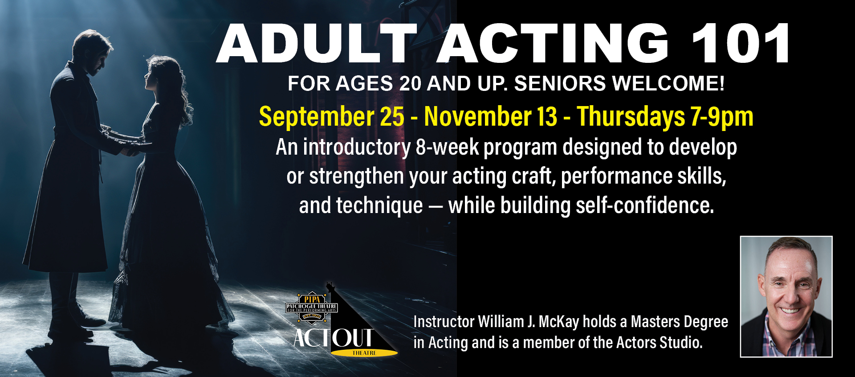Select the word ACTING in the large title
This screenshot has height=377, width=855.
[x=553, y=43]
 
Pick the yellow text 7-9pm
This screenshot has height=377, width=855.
[x=721, y=117]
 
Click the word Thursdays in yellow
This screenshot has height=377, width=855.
[x=631, y=117]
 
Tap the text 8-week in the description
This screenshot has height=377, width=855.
[x=447, y=147]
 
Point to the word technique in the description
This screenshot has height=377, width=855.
[x=379, y=206]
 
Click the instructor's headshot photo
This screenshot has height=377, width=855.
[x=786, y=296]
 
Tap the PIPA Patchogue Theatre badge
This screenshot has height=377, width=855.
[x=312, y=307]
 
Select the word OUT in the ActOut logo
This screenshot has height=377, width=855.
[x=353, y=338]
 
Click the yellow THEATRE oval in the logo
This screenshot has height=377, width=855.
[x=364, y=353]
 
